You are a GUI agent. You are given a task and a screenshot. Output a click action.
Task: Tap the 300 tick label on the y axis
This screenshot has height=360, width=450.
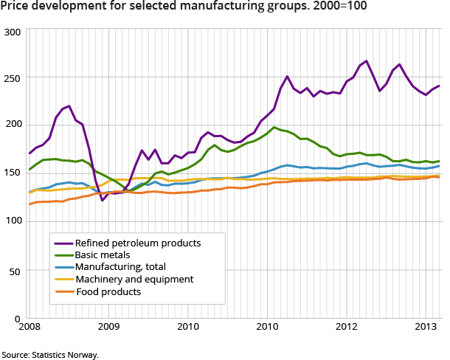click(x=13, y=32)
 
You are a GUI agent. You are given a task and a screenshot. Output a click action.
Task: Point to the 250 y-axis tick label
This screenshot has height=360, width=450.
click(x=13, y=77)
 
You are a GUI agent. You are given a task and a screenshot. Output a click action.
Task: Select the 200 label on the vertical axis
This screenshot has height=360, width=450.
click(x=13, y=123)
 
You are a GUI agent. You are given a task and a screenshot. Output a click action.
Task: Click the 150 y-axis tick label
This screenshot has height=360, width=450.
click(x=13, y=172)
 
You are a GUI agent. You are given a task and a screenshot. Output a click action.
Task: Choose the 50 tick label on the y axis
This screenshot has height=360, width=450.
click(x=15, y=271)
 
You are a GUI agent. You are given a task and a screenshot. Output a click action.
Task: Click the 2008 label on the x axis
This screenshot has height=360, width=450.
click(x=30, y=327)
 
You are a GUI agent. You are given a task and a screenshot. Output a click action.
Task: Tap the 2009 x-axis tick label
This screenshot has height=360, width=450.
click(x=109, y=327)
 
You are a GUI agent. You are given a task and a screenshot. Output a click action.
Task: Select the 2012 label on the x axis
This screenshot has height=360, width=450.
click(x=347, y=327)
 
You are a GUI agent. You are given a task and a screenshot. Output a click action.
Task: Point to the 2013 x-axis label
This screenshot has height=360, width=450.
click(x=426, y=327)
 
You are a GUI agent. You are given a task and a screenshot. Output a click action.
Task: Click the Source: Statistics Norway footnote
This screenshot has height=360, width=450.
click(x=50, y=355)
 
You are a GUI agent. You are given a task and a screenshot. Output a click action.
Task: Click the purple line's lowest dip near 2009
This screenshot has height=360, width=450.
click(x=103, y=200)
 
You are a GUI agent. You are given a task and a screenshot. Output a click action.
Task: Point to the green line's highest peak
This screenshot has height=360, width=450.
click(x=274, y=127)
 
